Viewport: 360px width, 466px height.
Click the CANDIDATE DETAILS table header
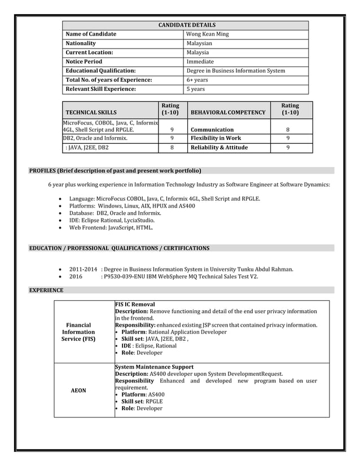click(186, 25)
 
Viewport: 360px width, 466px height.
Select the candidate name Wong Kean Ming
click(207, 34)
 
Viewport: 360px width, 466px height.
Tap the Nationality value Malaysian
click(199, 43)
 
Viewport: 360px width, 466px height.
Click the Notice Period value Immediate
click(200, 61)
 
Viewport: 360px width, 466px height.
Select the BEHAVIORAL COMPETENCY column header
click(228, 113)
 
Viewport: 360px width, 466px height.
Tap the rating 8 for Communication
click(288, 130)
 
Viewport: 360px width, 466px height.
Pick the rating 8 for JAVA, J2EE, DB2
click(172, 148)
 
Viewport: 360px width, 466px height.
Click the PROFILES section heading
click(115, 170)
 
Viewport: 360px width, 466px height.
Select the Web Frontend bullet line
click(111, 228)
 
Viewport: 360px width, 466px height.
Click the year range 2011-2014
click(83, 269)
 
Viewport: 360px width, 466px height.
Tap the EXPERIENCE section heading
click(46, 291)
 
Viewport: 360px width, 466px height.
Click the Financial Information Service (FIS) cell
click(78, 332)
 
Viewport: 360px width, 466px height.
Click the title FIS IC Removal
click(135, 304)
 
